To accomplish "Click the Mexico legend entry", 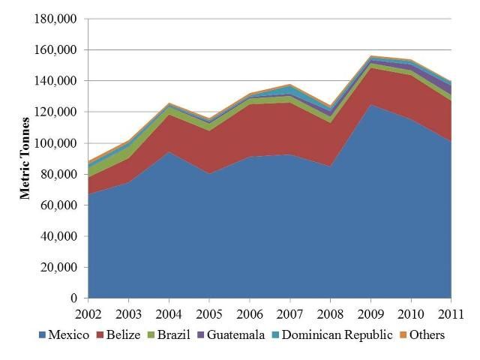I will tap(68, 334).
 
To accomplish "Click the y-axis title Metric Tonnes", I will tap(25, 157).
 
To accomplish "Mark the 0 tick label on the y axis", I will tap(73, 298).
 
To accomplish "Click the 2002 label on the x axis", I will tap(88, 313).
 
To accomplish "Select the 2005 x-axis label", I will tap(209, 313).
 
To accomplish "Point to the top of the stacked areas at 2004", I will tap(169, 103).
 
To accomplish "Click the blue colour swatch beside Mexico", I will tap(41, 335).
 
